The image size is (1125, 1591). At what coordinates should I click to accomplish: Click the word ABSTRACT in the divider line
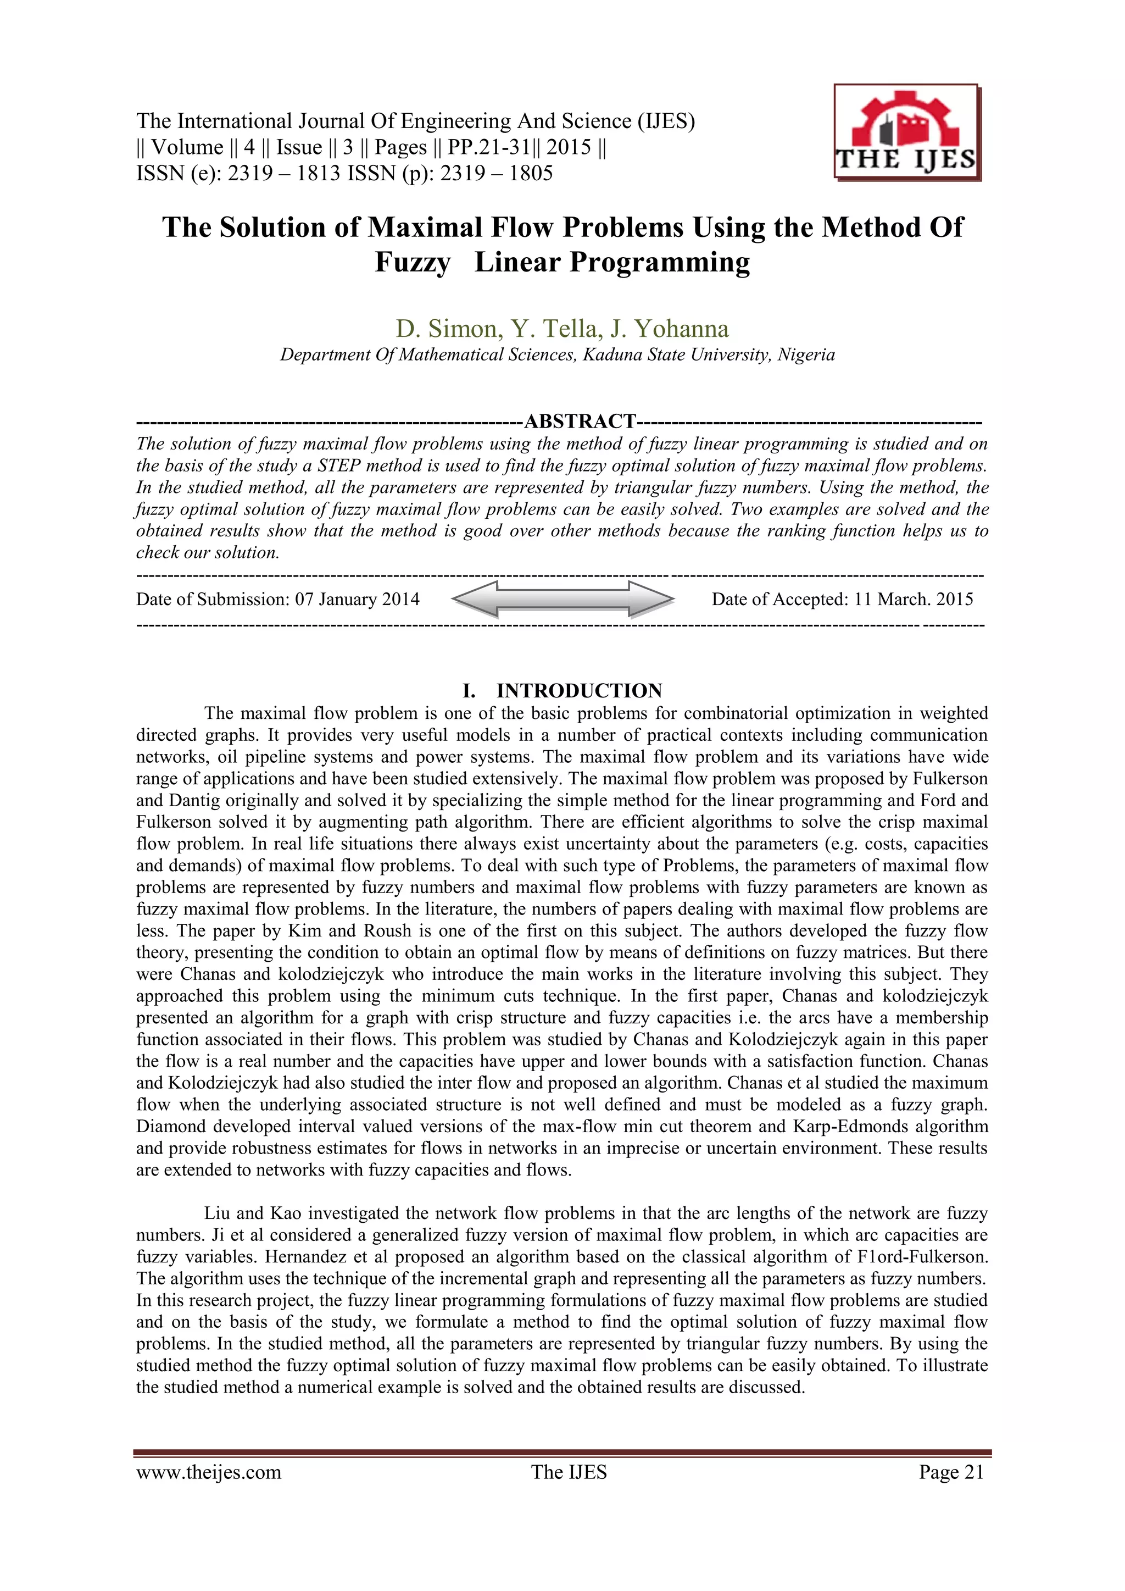pos(580,422)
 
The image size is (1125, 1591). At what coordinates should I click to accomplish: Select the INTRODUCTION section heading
pos(579,690)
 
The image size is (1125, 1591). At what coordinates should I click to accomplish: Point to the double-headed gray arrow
pos(562,598)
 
